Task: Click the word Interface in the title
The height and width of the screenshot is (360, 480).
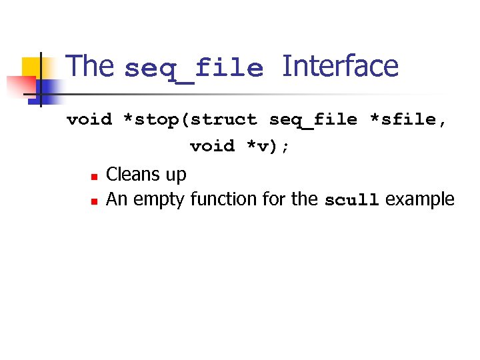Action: tap(340, 67)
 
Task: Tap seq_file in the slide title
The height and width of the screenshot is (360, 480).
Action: tap(194, 69)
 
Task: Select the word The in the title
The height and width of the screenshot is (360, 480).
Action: tap(91, 67)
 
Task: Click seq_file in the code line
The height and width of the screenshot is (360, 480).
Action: tap(313, 120)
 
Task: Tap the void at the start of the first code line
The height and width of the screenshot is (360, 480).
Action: tap(89, 120)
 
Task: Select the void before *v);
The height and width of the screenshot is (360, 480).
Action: tap(213, 146)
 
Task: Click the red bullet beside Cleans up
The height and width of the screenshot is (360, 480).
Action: tap(95, 177)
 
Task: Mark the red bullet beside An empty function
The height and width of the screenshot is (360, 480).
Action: tap(95, 201)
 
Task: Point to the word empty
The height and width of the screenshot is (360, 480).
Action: tap(159, 200)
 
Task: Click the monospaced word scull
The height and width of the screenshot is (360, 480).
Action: tap(351, 200)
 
